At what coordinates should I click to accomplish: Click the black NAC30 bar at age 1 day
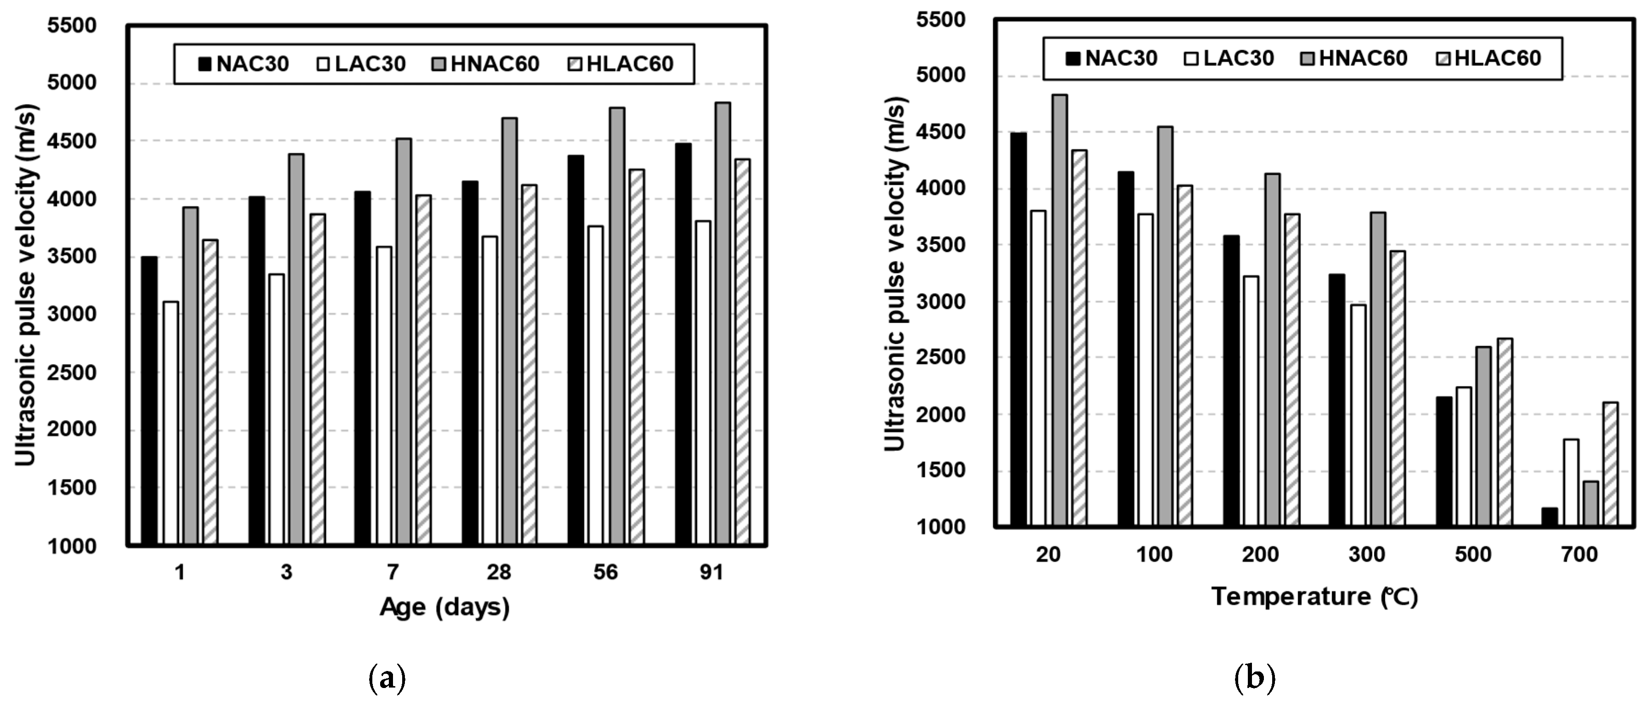(149, 400)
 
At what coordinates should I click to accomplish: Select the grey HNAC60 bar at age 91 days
(723, 324)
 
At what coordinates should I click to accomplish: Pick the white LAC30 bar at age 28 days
(490, 391)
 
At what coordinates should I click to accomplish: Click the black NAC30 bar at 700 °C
(1549, 517)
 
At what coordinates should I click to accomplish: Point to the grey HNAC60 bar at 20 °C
(1060, 311)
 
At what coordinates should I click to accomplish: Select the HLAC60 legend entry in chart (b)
(1487, 58)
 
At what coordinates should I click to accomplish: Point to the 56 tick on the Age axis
(605, 572)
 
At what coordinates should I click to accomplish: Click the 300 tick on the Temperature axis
(1367, 554)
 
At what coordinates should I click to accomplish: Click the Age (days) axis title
(444, 606)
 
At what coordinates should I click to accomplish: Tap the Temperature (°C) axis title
(1314, 597)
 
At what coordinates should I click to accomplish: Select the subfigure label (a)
(387, 677)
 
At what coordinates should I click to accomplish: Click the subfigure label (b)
(1254, 677)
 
